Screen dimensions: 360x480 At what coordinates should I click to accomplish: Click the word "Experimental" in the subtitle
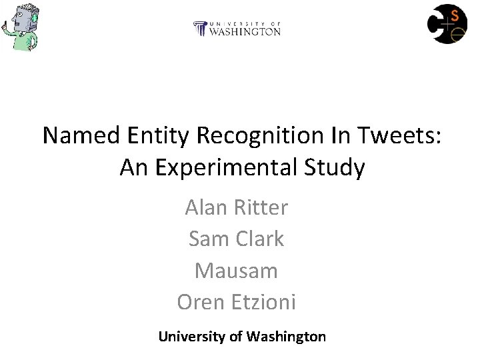coord(227,167)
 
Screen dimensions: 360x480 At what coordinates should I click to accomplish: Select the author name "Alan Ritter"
coord(236,207)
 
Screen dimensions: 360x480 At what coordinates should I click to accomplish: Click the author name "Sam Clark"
coord(236,239)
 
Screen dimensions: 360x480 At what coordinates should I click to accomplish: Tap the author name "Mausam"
coord(236,271)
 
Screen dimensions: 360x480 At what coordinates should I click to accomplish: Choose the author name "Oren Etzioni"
coord(236,303)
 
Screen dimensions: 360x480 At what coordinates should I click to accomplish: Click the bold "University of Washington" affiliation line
coord(242,337)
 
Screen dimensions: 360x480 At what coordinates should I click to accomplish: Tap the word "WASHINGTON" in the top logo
coord(245,31)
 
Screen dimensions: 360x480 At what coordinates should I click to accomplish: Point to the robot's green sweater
coord(24,43)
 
